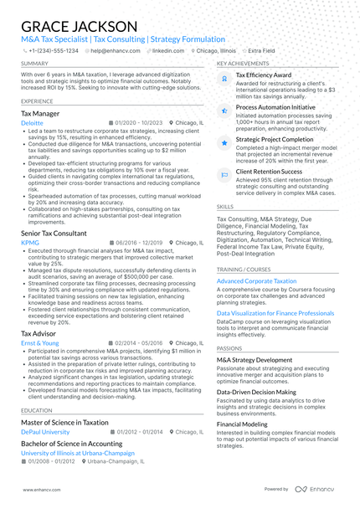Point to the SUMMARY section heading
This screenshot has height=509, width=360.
(34, 64)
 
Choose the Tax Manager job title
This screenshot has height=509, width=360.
(40, 112)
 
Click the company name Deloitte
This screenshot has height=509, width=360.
(33, 122)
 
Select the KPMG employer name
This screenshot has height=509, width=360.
(30, 243)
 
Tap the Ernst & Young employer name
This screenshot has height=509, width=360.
(40, 342)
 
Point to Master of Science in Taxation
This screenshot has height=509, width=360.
(64, 423)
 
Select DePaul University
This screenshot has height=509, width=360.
(48, 432)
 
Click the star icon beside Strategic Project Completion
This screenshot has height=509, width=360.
(224, 143)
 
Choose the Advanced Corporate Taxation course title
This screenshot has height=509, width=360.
(256, 281)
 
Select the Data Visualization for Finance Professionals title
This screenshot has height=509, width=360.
(275, 313)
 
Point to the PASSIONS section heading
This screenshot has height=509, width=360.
(229, 348)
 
